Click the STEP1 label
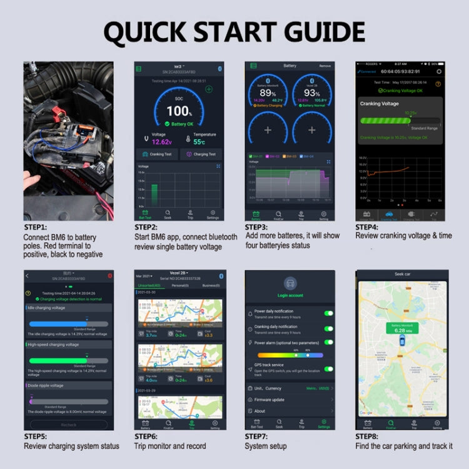pyautogui.click(x=36, y=228)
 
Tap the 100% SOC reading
pyautogui.click(x=179, y=111)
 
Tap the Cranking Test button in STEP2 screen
pyautogui.click(x=156, y=154)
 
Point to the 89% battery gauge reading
pyautogui.click(x=268, y=93)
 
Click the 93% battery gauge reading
pyautogui.click(x=311, y=93)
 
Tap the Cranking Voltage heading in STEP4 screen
pyautogui.click(x=381, y=104)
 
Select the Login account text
pyautogui.click(x=290, y=295)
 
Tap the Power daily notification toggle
pyautogui.click(x=329, y=313)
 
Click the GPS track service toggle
pyautogui.click(x=329, y=369)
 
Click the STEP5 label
pyautogui.click(x=36, y=436)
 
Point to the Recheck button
pyautogui.click(x=69, y=425)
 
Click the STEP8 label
pyautogui.click(x=368, y=436)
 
